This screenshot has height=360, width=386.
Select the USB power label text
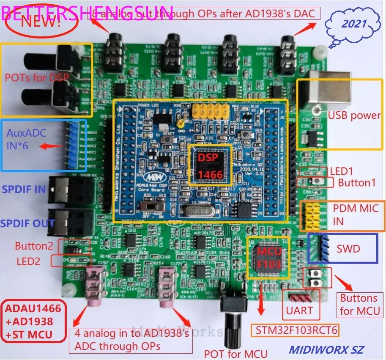[x=354, y=115]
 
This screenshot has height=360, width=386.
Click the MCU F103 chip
[x=268, y=257]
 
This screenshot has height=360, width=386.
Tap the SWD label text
[x=348, y=249]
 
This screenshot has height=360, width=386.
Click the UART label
[x=299, y=311]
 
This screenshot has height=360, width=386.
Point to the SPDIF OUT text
[x=27, y=223]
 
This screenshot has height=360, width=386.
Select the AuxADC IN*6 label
[x=26, y=139]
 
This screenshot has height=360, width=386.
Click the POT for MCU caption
[x=235, y=353]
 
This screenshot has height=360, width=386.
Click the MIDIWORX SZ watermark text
[x=326, y=350]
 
